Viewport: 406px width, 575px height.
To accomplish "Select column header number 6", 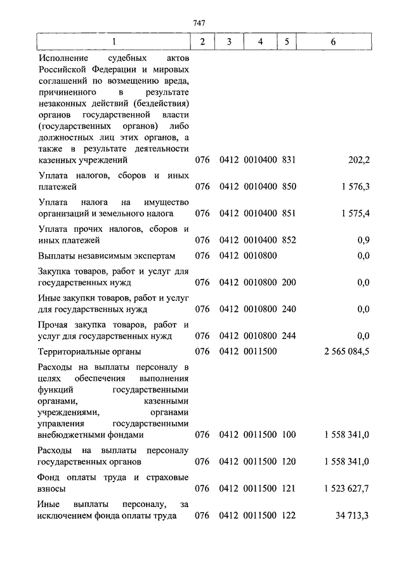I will [333, 42].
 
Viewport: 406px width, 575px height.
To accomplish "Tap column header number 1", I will [114, 42].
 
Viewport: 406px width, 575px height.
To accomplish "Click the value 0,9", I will [363, 240].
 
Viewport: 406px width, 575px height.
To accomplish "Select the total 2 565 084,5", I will [343, 351].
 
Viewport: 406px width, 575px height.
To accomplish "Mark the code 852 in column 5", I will [289, 240].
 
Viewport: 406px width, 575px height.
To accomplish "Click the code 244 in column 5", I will [289, 335].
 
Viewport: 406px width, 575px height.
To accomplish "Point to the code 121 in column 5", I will [289, 488].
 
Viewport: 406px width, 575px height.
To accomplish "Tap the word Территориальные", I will [74, 351].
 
